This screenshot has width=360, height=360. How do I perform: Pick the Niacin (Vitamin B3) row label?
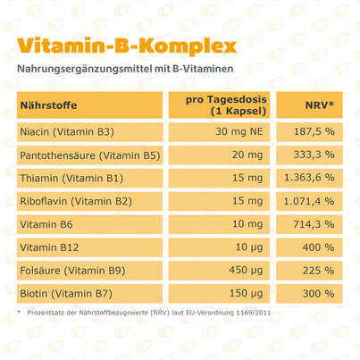pyautogui.click(x=68, y=133)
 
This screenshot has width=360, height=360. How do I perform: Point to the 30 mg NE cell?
pyautogui.click(x=237, y=133)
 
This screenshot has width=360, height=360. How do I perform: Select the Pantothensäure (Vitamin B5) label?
pyautogui.click(x=87, y=156)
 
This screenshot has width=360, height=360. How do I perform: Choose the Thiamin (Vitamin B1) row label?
pyautogui.click(x=71, y=179)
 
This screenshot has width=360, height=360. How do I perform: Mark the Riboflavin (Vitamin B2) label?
pyautogui.click(x=76, y=201)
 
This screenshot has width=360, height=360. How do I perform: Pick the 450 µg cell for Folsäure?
pyautogui.click(x=246, y=269)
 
